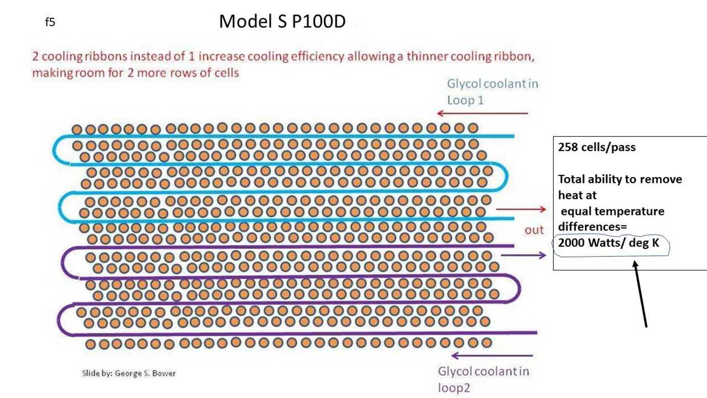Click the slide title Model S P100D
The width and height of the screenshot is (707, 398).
click(282, 21)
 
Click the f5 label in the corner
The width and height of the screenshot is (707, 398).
click(50, 22)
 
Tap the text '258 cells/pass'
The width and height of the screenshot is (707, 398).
click(597, 147)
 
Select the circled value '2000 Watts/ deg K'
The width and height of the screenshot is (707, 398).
click(608, 243)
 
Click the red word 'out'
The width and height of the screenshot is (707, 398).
click(534, 230)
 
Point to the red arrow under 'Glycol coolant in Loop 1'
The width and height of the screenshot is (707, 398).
click(482, 113)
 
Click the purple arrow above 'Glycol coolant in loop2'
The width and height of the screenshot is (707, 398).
click(492, 356)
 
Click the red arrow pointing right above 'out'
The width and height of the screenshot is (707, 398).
click(521, 209)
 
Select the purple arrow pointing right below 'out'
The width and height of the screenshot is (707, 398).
click(523, 255)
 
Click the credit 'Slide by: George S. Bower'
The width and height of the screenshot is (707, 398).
click(129, 373)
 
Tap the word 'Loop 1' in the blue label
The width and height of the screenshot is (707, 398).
click(465, 100)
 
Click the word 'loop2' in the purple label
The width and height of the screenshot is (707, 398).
click(454, 388)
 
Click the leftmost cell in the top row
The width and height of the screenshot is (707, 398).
click(77, 129)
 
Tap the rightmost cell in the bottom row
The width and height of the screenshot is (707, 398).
click(486, 343)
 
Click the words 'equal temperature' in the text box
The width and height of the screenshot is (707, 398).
click(612, 211)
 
